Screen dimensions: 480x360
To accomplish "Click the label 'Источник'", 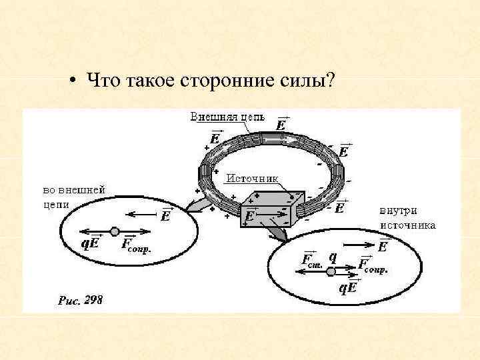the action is (253, 178).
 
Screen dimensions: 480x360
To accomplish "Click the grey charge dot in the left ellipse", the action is (115, 231).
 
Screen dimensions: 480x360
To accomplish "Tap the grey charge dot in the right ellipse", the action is (331, 271).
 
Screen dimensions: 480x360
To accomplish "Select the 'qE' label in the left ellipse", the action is (91, 243).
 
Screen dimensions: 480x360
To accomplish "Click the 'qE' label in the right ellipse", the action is (347, 287).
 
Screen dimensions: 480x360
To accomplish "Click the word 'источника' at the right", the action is (408, 225).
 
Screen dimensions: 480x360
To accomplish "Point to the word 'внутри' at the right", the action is (399, 212).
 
